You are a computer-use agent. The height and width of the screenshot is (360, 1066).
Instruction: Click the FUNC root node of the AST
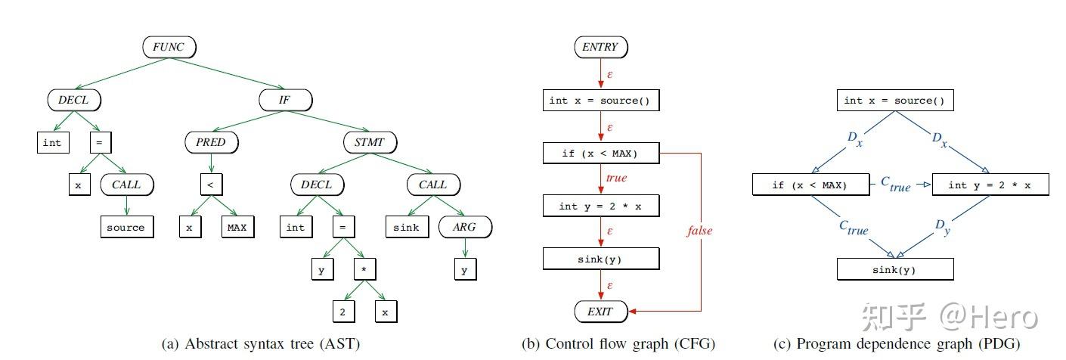[169, 47]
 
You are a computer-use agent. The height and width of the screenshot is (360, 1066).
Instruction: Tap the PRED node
[211, 141]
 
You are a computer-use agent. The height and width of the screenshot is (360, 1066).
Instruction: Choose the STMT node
[370, 141]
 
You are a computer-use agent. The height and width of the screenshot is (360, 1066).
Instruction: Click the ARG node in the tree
[465, 226]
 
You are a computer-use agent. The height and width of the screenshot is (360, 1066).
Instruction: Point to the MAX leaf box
[237, 226]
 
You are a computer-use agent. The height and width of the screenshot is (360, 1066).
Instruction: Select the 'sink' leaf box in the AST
[406, 226]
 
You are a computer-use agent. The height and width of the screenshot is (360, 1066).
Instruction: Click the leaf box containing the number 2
[342, 311]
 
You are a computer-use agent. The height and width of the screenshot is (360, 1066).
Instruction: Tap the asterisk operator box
[364, 268]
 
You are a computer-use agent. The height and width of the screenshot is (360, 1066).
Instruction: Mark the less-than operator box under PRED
[210, 184]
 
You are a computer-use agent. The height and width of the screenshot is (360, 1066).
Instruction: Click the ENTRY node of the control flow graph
[600, 47]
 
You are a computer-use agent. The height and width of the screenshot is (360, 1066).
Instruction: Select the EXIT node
[600, 311]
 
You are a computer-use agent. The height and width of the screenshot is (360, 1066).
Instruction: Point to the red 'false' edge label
[699, 230]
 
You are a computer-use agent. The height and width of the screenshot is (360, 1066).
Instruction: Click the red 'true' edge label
[616, 178]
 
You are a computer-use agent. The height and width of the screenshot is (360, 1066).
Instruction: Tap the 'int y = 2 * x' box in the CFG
[600, 206]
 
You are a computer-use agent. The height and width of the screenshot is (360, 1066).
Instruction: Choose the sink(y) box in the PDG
[894, 268]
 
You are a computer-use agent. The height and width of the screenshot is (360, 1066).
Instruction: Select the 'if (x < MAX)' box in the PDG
[810, 185]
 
